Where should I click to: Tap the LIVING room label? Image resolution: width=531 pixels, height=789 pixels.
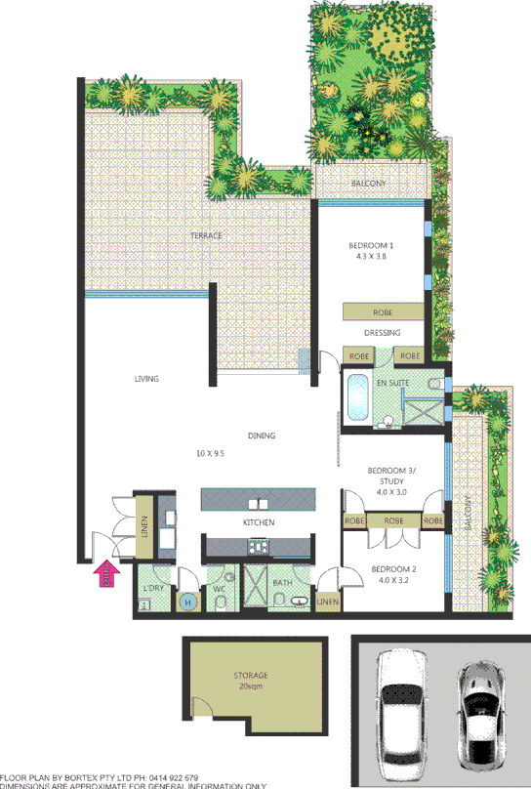146,379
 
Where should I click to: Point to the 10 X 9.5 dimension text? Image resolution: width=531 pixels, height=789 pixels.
210,454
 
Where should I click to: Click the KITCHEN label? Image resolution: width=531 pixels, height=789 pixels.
258,523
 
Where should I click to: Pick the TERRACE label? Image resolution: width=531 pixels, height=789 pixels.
206,236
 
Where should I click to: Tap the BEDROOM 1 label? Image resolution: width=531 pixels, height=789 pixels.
370,245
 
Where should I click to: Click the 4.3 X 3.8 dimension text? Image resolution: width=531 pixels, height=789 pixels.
370,258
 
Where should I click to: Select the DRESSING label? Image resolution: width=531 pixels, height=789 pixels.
382,332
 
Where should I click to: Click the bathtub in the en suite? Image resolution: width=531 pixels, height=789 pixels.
357,397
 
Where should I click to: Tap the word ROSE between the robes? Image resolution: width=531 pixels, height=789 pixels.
393,521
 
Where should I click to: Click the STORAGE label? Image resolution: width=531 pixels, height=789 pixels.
250,675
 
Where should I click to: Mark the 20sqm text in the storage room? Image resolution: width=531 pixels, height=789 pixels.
250,686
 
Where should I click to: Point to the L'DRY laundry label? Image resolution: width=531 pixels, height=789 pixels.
152,588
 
